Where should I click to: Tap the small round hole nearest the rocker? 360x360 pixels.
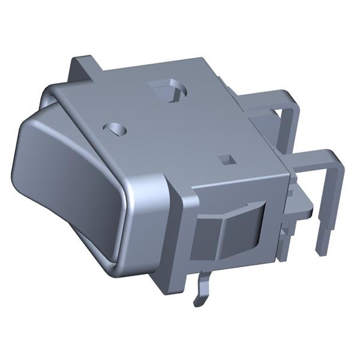(x=116, y=128)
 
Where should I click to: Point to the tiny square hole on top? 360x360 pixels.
(x=226, y=159)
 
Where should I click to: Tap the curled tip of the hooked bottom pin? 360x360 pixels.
(x=197, y=301)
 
